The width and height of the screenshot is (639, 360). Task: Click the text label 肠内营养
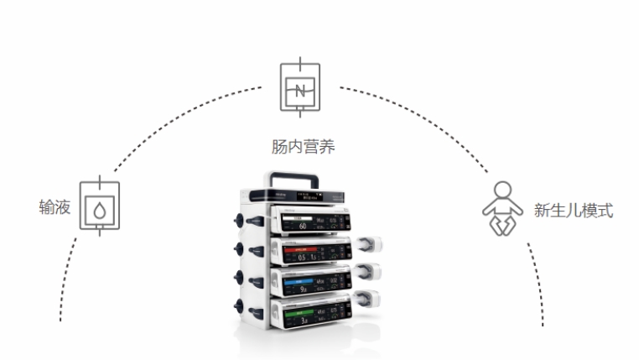point(303,147)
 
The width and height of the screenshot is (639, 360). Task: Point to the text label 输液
point(54,206)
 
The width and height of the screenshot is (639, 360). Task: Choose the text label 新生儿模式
point(573,210)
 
